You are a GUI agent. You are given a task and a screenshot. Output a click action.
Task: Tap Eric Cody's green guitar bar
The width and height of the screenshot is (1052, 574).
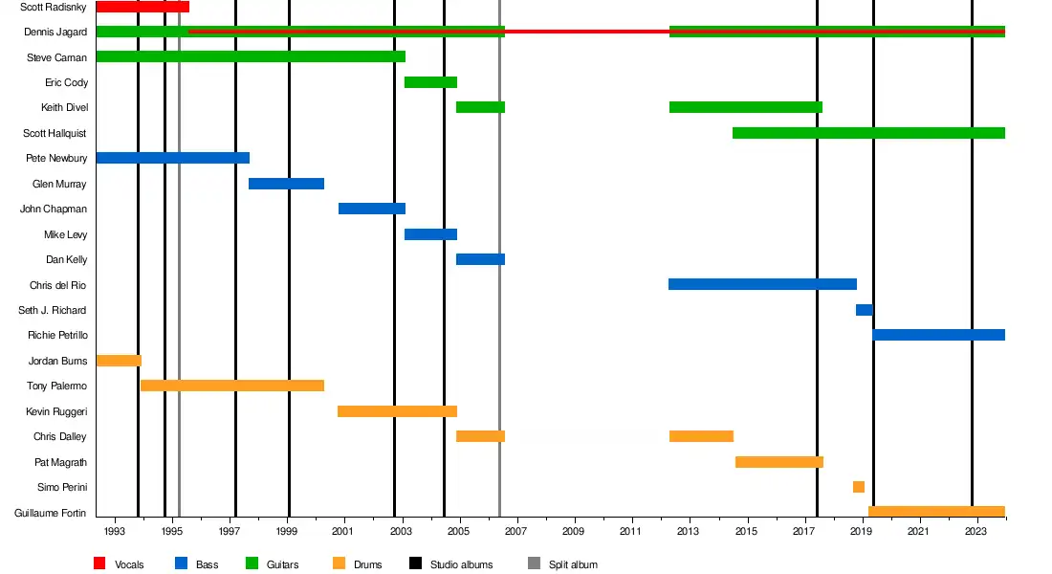tap(430, 82)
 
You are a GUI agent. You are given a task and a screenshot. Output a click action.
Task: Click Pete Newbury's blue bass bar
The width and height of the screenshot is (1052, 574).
tap(172, 158)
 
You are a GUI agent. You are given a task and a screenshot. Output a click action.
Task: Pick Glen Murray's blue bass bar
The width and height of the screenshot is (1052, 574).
tap(286, 184)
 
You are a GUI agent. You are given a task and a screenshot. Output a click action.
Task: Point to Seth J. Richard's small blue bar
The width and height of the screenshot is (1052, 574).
tap(864, 310)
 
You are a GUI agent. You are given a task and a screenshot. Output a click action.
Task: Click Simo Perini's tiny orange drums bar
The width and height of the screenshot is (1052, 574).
tap(859, 487)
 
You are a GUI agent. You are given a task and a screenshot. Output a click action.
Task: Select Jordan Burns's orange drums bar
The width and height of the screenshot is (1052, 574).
tap(119, 361)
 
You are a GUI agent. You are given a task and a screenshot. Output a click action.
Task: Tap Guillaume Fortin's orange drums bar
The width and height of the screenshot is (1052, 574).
tap(936, 512)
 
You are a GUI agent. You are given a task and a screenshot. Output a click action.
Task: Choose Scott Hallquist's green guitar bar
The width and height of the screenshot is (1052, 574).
tap(868, 133)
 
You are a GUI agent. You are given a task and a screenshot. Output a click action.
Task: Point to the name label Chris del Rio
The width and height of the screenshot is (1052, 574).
tap(58, 285)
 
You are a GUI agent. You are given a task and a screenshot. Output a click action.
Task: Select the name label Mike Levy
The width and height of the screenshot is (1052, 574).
tap(65, 234)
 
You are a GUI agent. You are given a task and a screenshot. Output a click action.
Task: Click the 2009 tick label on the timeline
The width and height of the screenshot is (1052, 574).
tap(573, 531)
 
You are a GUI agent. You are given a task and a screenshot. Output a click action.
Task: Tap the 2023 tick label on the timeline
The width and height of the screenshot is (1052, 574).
tap(975, 531)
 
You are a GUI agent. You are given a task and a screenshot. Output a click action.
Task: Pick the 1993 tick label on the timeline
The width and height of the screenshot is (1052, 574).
tap(114, 531)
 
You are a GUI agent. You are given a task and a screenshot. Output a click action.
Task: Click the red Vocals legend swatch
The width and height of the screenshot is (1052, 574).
tap(99, 563)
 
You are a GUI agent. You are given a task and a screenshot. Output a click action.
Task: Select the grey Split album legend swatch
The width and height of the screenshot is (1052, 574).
tap(534, 563)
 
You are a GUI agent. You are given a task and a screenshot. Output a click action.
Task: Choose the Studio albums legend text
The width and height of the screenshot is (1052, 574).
tap(461, 564)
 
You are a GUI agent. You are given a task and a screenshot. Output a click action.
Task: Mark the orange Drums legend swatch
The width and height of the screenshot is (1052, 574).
tap(339, 563)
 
